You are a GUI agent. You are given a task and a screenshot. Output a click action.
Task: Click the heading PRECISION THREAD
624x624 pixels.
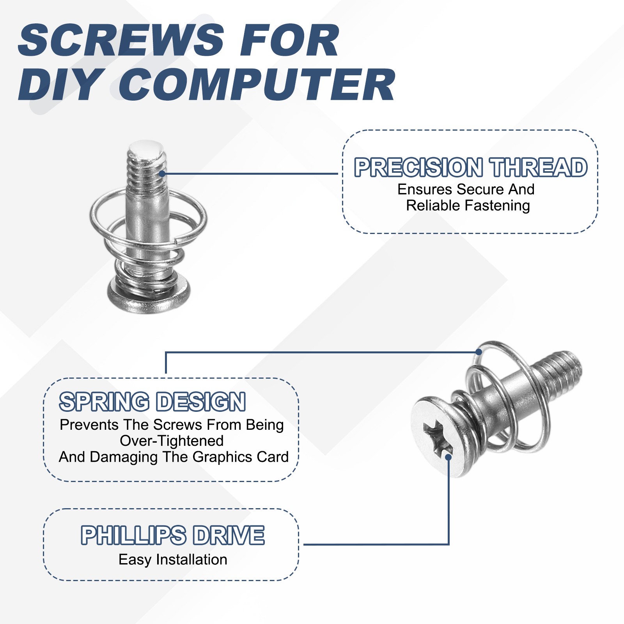click(471, 167)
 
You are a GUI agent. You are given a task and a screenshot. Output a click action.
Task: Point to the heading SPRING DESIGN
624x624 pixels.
click(152, 402)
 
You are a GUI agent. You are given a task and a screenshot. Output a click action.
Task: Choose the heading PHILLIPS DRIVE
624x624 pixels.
click(172, 535)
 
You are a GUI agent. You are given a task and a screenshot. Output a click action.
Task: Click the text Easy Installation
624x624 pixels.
click(173, 560)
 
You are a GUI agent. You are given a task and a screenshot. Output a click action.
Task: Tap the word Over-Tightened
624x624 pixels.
click(172, 441)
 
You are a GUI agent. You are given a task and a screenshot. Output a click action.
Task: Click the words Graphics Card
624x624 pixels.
click(240, 457)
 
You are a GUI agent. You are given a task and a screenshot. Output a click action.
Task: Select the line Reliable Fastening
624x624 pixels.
click(468, 206)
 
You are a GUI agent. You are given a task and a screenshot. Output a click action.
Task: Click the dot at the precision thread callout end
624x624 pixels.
click(162, 174)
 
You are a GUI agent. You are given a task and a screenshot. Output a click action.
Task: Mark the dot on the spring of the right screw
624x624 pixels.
click(479, 352)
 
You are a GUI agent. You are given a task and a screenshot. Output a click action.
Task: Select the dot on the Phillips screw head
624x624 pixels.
click(448, 457)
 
